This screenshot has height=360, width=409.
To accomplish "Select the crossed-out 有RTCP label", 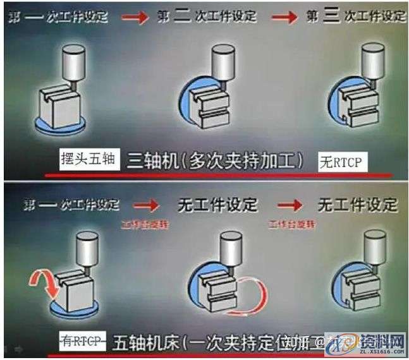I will (83, 342).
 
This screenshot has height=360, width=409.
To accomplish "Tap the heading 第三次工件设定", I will (355, 16).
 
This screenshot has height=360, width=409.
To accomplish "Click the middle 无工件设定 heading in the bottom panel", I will (216, 205).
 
